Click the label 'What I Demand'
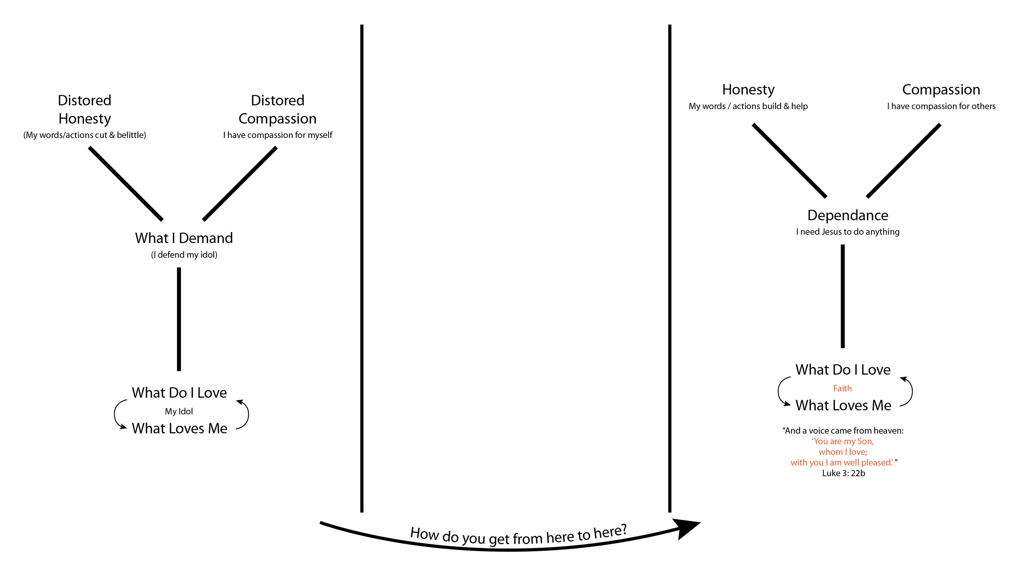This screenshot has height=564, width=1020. pyautogui.click(x=184, y=238)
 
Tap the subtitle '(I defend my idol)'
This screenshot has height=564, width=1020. pyautogui.click(x=184, y=255)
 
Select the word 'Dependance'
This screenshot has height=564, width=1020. pyautogui.click(x=847, y=215)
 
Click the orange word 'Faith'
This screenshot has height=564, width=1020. pyautogui.click(x=842, y=388)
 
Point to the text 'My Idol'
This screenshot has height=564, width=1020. pyautogui.click(x=179, y=411)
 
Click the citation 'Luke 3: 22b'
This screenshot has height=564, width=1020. pyautogui.click(x=843, y=473)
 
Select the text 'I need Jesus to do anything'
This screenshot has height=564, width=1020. pyautogui.click(x=847, y=232)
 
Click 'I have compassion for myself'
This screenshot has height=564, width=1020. pyautogui.click(x=277, y=135)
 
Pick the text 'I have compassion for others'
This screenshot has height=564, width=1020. pyautogui.click(x=941, y=106)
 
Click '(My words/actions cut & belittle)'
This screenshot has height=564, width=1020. pyautogui.click(x=84, y=135)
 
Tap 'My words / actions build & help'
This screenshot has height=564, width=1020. pyautogui.click(x=748, y=106)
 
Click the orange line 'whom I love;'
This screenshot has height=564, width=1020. pyautogui.click(x=843, y=452)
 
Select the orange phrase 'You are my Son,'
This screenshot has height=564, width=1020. pyautogui.click(x=843, y=441)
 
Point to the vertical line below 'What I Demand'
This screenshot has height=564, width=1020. pyautogui.click(x=179, y=319)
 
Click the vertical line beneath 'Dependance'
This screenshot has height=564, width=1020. pyautogui.click(x=843, y=296)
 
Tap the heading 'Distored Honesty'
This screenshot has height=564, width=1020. pyautogui.click(x=84, y=109)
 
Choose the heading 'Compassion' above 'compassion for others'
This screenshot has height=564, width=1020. pyautogui.click(x=941, y=89)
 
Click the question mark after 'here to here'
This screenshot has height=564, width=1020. pyautogui.click(x=623, y=530)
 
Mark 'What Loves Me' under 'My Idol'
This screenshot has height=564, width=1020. pyautogui.click(x=180, y=428)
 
